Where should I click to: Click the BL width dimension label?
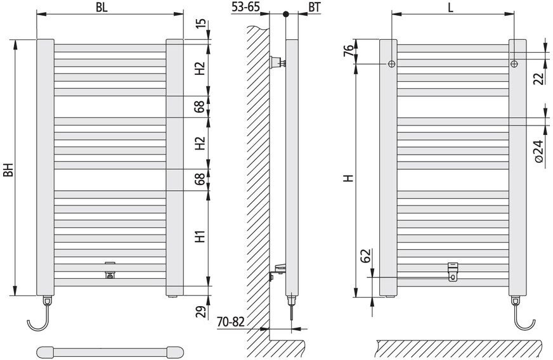click(x=101, y=8)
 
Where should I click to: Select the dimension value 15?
click(x=200, y=23)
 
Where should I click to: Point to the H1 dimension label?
click(x=200, y=236)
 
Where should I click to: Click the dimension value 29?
click(x=200, y=312)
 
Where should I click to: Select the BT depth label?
click(x=315, y=7)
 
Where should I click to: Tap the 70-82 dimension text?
click(x=231, y=322)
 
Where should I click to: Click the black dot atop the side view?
click(x=285, y=15)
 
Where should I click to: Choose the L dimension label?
click(x=451, y=8)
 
